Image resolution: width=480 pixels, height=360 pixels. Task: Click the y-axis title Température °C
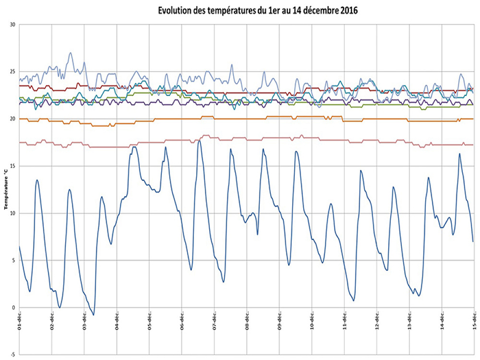click(6, 185)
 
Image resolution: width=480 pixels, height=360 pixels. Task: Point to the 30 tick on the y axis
click(12, 24)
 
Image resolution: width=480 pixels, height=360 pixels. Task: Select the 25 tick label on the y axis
click(12, 72)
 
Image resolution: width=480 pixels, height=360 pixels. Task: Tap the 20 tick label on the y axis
click(12, 119)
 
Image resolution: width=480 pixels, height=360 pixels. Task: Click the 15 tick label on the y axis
click(12, 166)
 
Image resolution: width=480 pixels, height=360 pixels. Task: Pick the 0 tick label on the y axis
click(14, 308)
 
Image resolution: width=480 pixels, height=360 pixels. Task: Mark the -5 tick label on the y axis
click(13, 355)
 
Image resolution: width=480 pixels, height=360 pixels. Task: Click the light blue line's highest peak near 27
click(71, 53)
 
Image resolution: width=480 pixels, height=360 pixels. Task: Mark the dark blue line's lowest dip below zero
click(94, 315)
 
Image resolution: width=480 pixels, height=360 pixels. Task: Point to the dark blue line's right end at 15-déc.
click(473, 241)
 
